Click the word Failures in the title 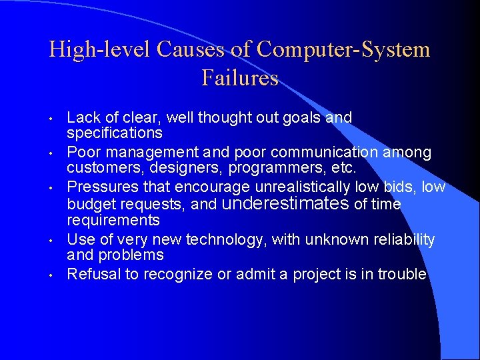[240, 78]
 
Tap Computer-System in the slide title [343, 49]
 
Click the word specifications [115, 133]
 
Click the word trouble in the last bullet [401, 274]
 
